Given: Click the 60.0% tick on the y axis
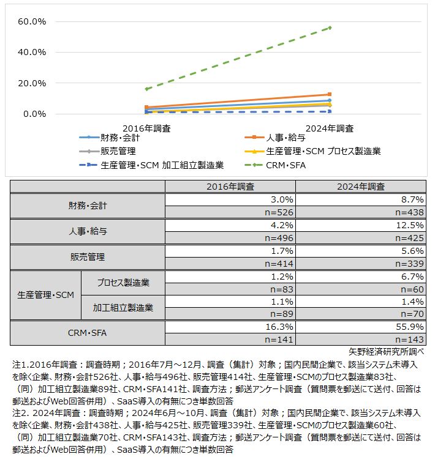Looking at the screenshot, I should tap(32, 22).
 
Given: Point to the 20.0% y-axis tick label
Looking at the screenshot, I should tap(32, 83).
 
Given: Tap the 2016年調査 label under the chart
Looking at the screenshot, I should tap(146, 128).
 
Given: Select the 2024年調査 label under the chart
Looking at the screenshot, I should tap(330, 128).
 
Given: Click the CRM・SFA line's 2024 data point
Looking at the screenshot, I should tap(330, 28).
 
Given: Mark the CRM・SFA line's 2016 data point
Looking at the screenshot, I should tap(146, 89).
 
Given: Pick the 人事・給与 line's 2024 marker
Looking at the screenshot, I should tap(330, 94).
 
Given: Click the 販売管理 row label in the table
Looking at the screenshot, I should tap(88, 257).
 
